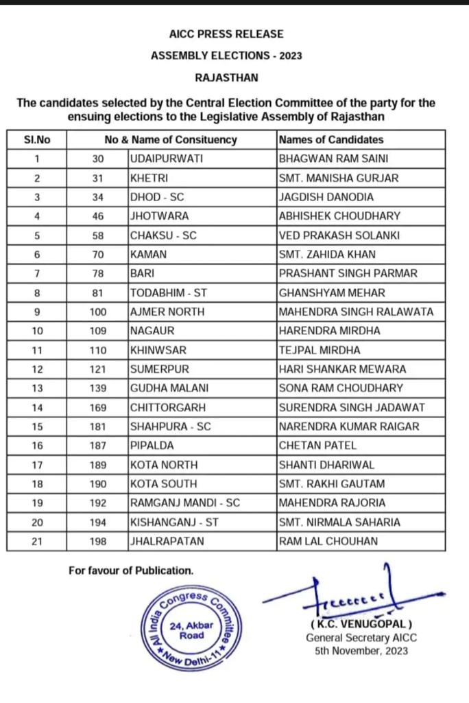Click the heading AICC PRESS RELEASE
(x=226, y=34)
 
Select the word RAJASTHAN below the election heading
(x=226, y=78)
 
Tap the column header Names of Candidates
(x=331, y=140)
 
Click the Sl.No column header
(x=37, y=140)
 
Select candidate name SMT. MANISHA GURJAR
(x=338, y=178)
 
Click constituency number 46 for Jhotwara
(x=98, y=216)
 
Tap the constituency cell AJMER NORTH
(x=167, y=312)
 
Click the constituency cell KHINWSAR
(x=159, y=350)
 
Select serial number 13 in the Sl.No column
(x=37, y=388)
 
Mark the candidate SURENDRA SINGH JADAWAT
(x=352, y=407)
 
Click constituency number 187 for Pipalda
(x=98, y=446)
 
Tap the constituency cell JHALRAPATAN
(x=167, y=541)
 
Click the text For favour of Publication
(x=131, y=571)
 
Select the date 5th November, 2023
(x=361, y=650)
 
